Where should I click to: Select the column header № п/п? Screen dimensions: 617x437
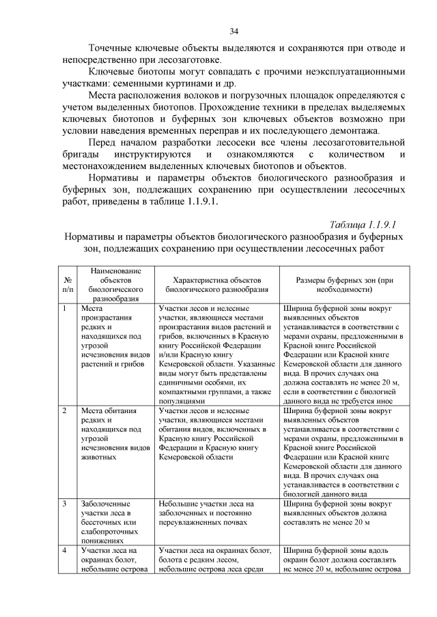tap(68, 284)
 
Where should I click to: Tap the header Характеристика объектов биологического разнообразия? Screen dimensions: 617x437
tap(217, 284)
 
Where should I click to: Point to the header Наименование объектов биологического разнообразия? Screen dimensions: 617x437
tap(114, 284)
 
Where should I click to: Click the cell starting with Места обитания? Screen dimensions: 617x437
tap(113, 434)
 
